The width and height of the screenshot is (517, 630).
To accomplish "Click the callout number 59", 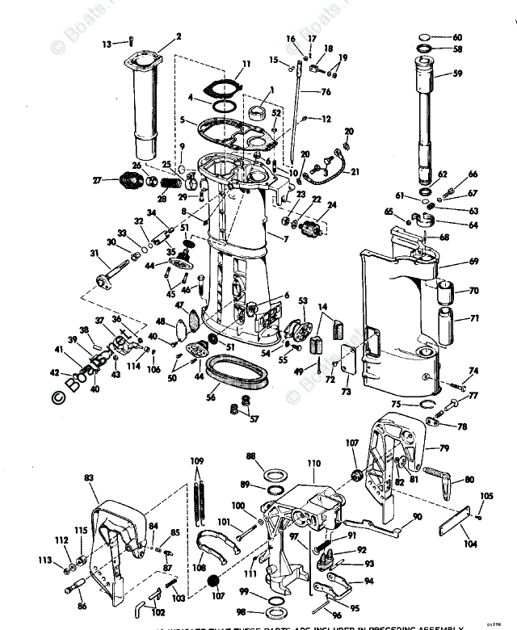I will pyautogui.click(x=458, y=73).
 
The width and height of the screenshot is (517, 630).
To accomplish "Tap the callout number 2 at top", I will pyautogui.click(x=179, y=36).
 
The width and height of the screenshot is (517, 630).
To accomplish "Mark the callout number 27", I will pyautogui.click(x=98, y=180).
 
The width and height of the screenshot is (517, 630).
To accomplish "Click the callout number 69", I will pyautogui.click(x=474, y=262).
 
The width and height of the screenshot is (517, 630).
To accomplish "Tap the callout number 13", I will pyautogui.click(x=107, y=44).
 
